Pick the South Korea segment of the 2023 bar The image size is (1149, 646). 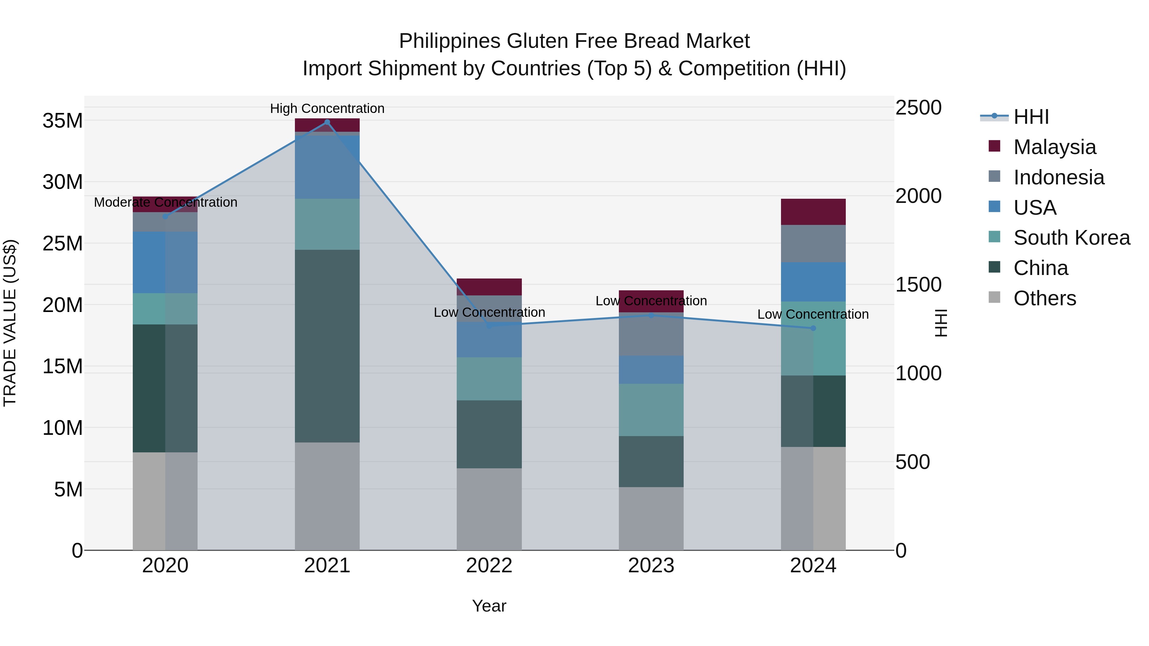pyautogui.click(x=651, y=410)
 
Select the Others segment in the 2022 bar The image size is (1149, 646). pyautogui.click(x=489, y=509)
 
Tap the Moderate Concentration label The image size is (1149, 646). pyautogui.click(x=165, y=202)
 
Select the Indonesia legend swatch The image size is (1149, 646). pyautogui.click(x=994, y=176)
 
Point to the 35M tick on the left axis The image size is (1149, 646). pyautogui.click(x=63, y=121)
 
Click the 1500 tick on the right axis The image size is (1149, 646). pyautogui.click(x=918, y=285)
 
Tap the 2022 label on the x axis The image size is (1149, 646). pyautogui.click(x=489, y=566)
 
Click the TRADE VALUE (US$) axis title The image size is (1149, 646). pyautogui.click(x=10, y=323)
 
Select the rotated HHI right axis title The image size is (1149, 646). pyautogui.click(x=940, y=323)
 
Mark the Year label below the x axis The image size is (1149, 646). pyautogui.click(x=489, y=606)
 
